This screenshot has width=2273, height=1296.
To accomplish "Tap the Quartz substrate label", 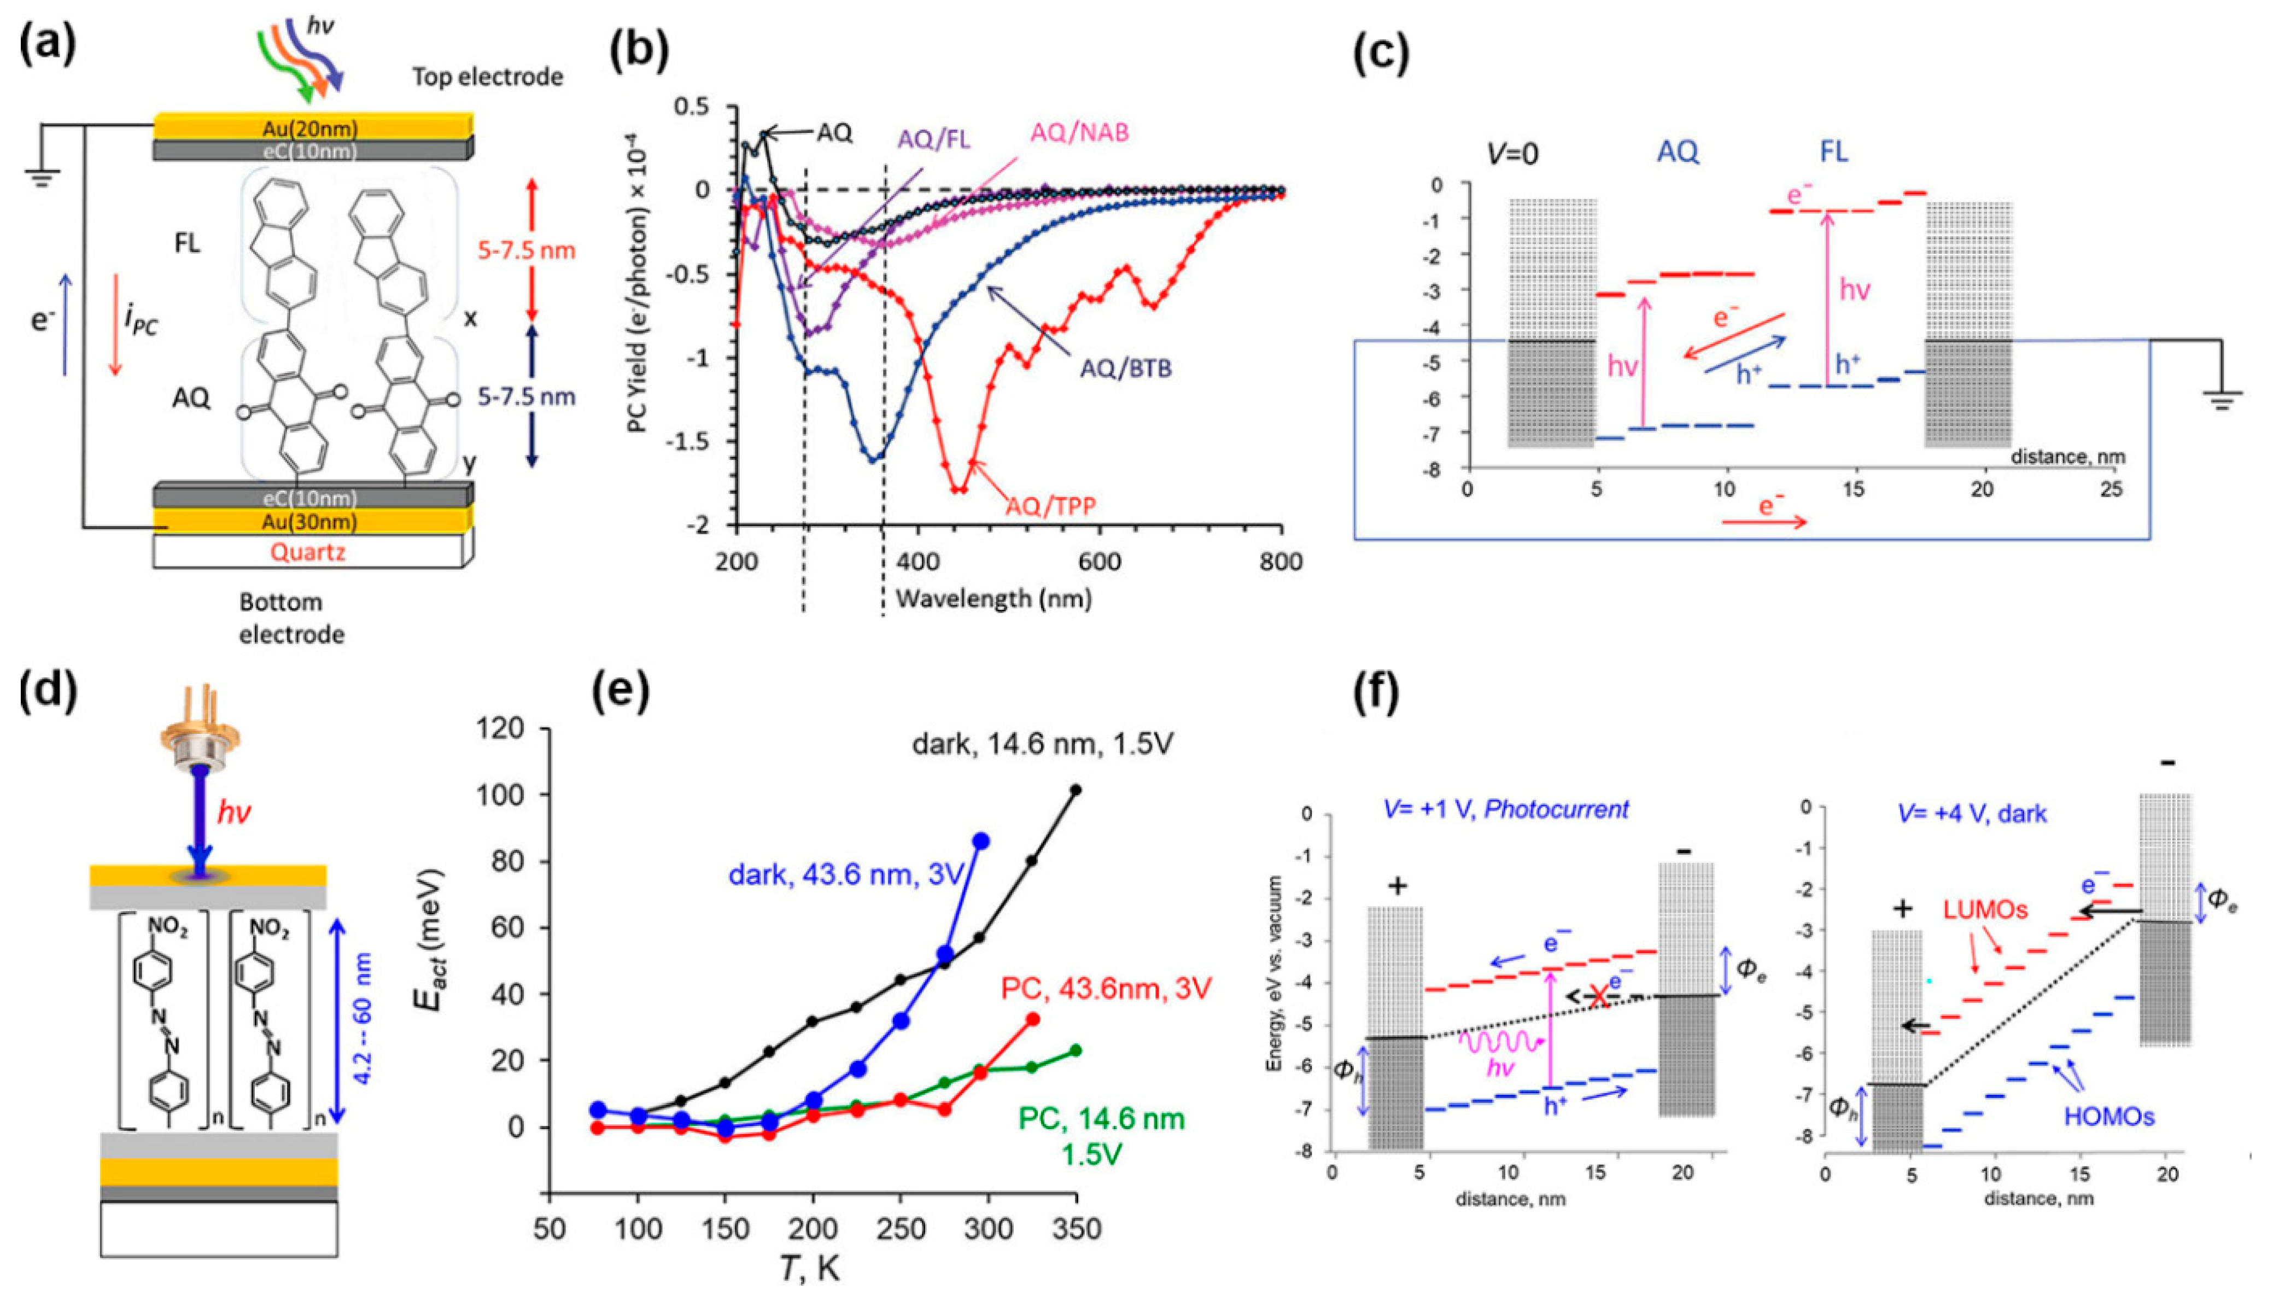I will pyautogui.click(x=308, y=552).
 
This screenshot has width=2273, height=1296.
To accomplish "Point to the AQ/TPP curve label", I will pyautogui.click(x=1050, y=506).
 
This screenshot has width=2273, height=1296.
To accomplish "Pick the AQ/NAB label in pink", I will pyautogui.click(x=1079, y=133).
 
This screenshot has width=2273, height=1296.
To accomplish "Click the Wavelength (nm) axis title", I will pyautogui.click(x=993, y=598).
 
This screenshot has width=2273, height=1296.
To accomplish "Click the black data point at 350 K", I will pyautogui.click(x=1076, y=790).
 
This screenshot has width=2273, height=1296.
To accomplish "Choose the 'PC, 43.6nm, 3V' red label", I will pyautogui.click(x=1106, y=988).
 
